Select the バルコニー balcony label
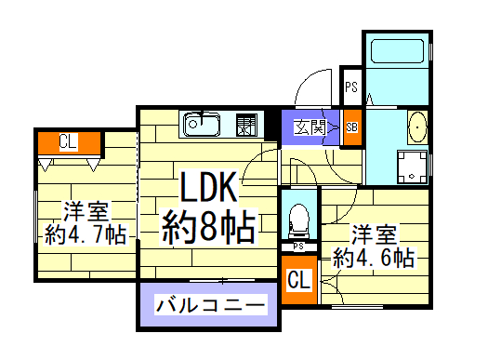pyautogui.click(x=210, y=305)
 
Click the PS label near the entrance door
pyautogui.click(x=351, y=88)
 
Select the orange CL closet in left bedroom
pyautogui.click(x=68, y=142)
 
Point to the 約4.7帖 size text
pyautogui.click(x=86, y=233)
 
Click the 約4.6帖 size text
pyautogui.click(x=373, y=258)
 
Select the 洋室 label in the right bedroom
pyautogui.click(x=373, y=233)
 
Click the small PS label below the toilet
pyautogui.click(x=298, y=247)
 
